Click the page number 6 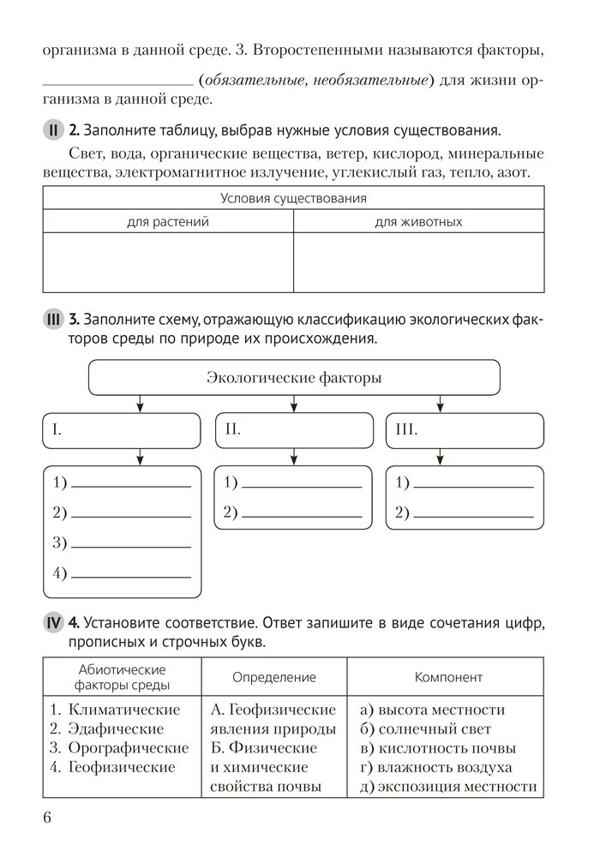pos(47,817)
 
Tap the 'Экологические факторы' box pos(294,377)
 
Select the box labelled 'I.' pos(122,430)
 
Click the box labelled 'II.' pos(293,430)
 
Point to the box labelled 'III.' pos(465,430)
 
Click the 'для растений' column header pos(168,222)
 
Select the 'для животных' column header pos(418,222)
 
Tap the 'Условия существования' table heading pos(293,199)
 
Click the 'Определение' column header pos(274,677)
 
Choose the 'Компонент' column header pos(447,677)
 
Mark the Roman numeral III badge pos(52,321)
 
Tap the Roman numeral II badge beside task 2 pos(52,131)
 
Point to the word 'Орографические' pos(128,748)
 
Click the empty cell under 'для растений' pos(168,262)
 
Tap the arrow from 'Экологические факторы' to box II pos(294,404)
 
